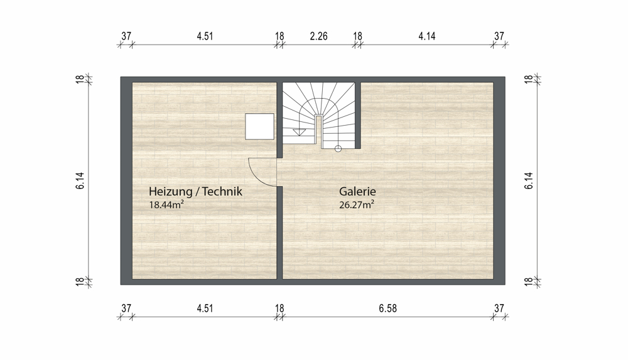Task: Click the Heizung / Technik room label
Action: coord(195,192)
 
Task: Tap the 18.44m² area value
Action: coord(166,205)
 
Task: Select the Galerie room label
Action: coord(357,191)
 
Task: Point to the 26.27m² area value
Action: coord(357,205)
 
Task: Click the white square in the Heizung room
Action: coord(260,126)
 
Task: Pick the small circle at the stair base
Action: coord(338,149)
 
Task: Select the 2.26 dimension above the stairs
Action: coord(319,36)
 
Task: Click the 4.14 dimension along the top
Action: coord(427,36)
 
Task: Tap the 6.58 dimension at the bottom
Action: coord(387,308)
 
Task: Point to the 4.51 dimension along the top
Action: coord(205,36)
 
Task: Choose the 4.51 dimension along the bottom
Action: coord(205,308)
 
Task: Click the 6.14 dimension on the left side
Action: coord(80,180)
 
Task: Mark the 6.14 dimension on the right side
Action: coord(529,180)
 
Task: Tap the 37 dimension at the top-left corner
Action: coord(126,36)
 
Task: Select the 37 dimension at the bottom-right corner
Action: coord(499,308)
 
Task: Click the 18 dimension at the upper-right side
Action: coord(529,79)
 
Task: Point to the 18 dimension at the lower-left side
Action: coord(80,282)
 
